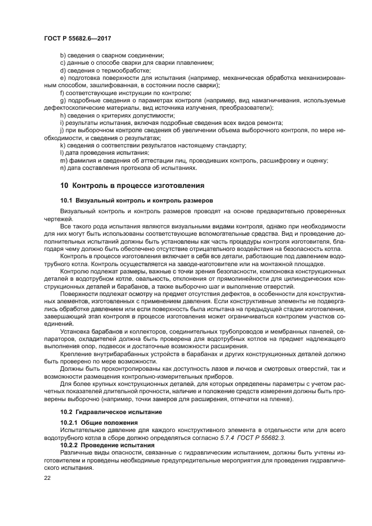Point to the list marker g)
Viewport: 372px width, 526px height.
62,100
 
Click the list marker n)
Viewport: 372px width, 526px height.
62,167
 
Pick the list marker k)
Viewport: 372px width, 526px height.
62,145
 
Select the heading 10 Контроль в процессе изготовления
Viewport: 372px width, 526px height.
132,185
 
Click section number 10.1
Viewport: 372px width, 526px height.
67,200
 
